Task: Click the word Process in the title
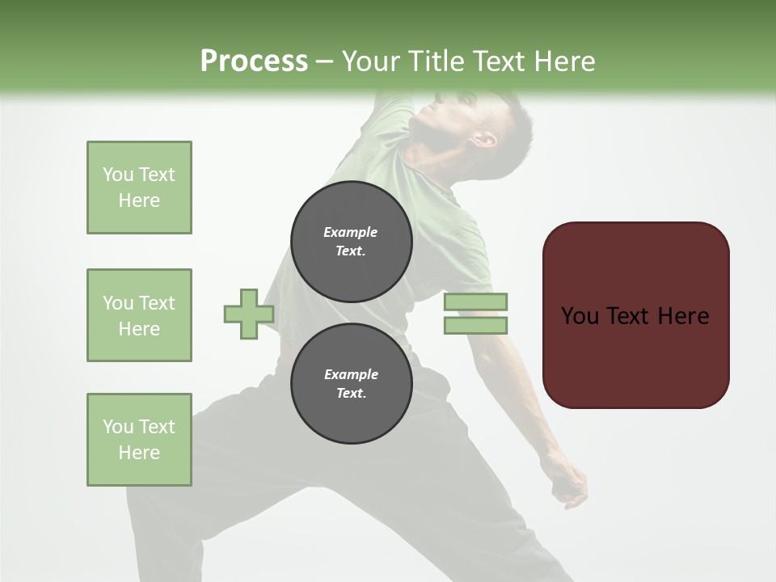coord(254,61)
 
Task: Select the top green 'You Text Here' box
coord(139,188)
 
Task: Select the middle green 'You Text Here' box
coord(139,315)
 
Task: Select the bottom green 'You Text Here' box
coord(139,440)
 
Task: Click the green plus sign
coord(248,314)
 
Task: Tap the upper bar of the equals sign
coord(475,302)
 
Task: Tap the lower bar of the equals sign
coord(475,326)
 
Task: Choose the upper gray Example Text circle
coord(351,242)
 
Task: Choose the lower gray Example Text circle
coord(351,384)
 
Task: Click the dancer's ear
coord(485,138)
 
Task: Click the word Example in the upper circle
coord(351,232)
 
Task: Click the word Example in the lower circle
coord(351,374)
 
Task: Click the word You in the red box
coord(580,316)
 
